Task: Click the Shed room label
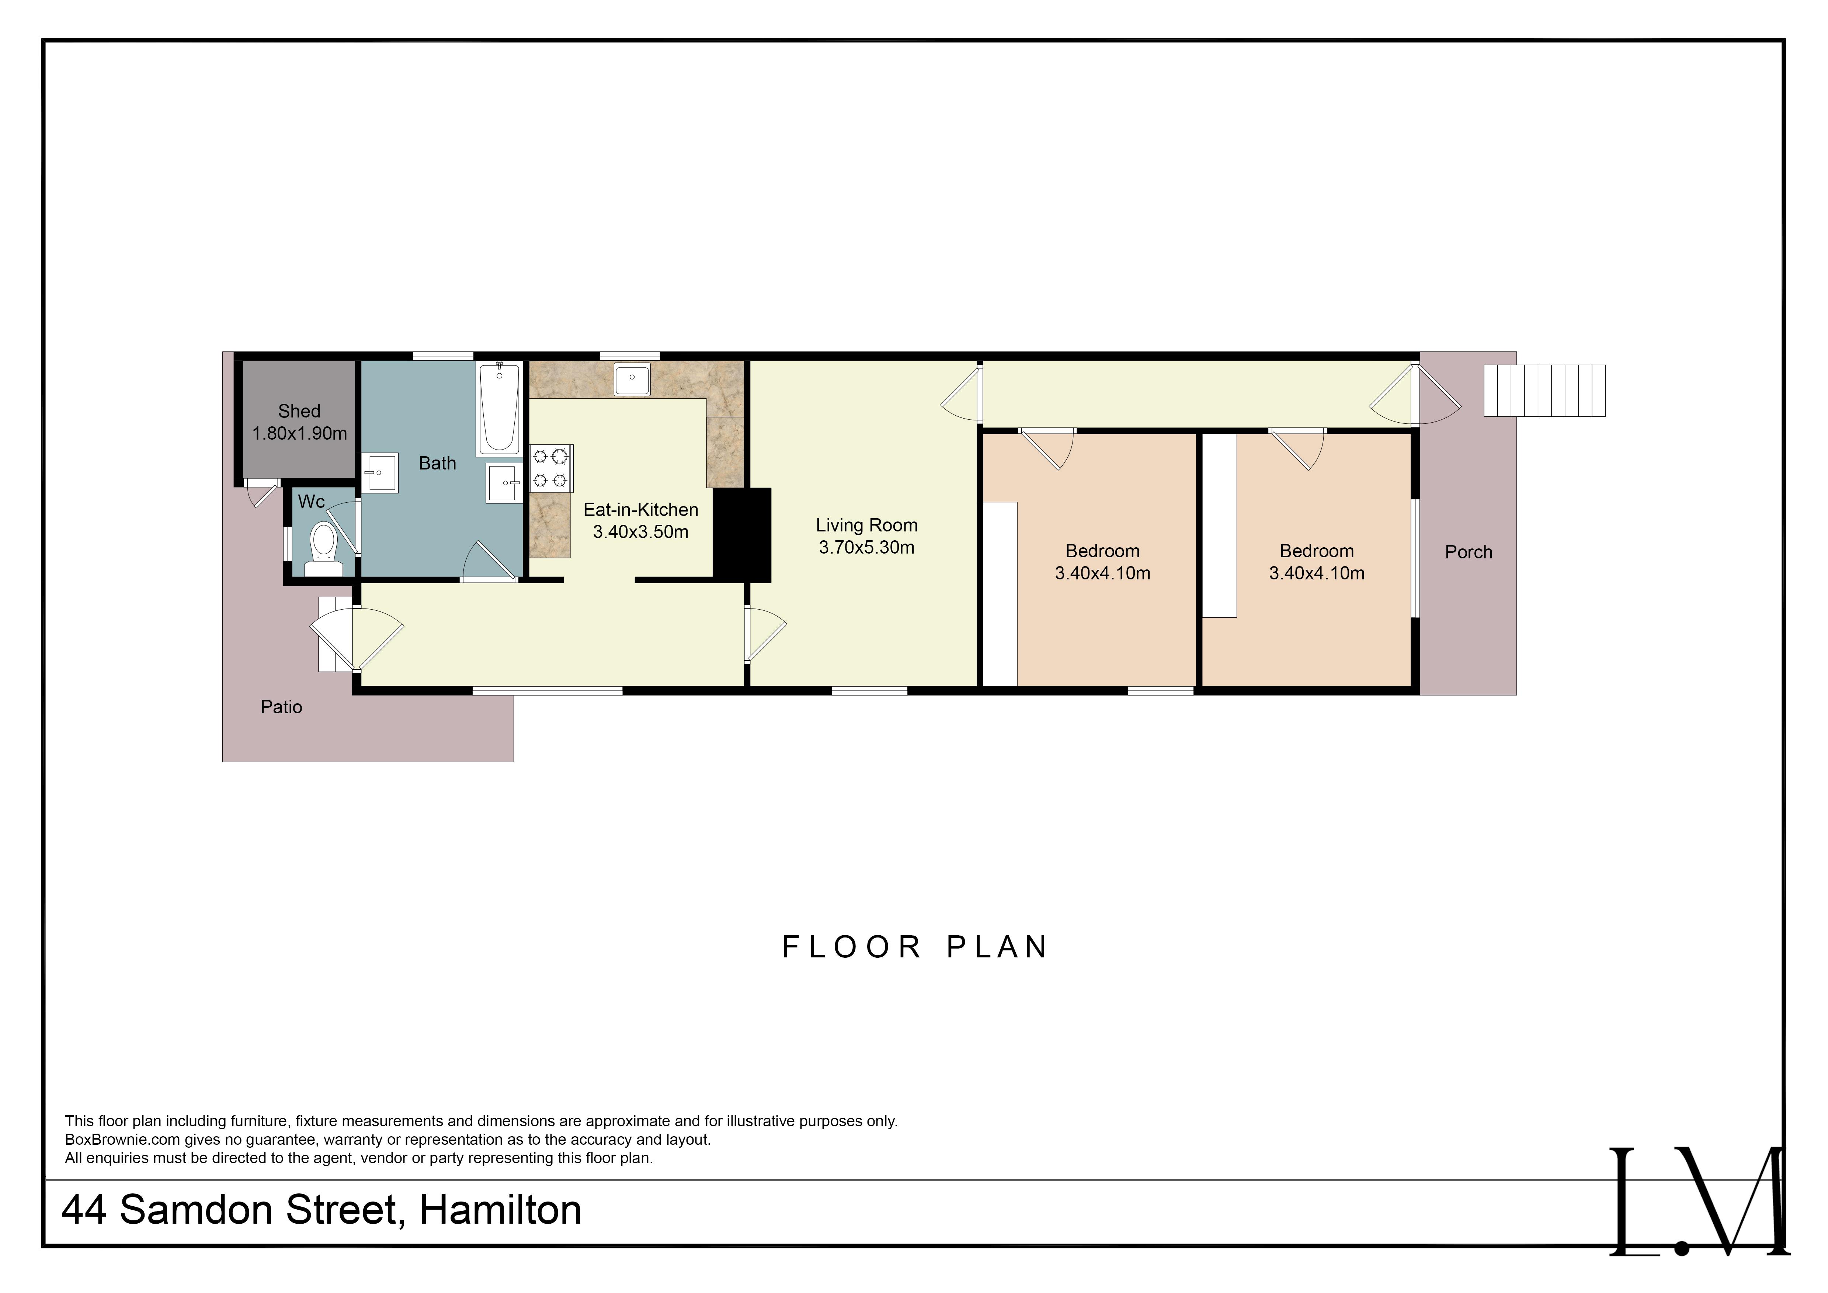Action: click(299, 411)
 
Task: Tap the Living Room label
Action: click(866, 526)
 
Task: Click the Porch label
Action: click(1468, 552)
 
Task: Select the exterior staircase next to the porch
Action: click(1544, 390)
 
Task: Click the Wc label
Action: click(311, 502)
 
